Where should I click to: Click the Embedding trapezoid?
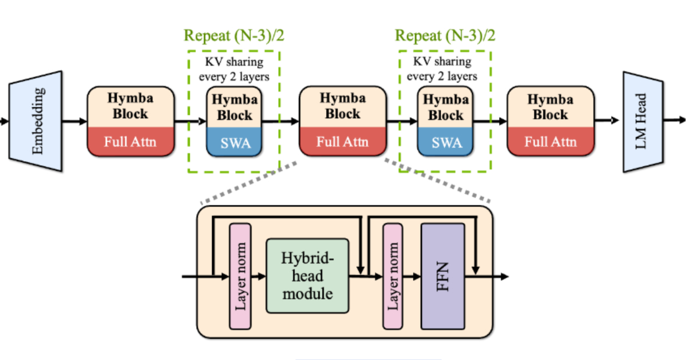(x=36, y=121)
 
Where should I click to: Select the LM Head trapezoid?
(x=643, y=122)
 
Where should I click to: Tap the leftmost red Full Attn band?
(x=131, y=142)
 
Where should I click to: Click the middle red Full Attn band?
(x=342, y=142)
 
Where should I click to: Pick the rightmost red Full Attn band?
(x=551, y=142)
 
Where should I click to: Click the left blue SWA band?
(x=234, y=142)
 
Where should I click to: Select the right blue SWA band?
(x=445, y=142)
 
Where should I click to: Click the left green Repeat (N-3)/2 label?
(x=234, y=35)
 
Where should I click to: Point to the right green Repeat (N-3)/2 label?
(x=445, y=35)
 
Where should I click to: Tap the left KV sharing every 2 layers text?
(x=234, y=69)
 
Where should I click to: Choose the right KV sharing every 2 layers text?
(x=442, y=69)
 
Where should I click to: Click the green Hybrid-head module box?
(x=308, y=276)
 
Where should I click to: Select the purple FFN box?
(x=443, y=277)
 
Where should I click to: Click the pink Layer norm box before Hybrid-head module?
(x=241, y=277)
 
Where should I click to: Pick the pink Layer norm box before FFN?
(x=393, y=277)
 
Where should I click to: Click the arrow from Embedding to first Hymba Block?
(x=75, y=121)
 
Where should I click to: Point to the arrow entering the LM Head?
(x=607, y=121)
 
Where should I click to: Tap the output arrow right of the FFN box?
(x=487, y=277)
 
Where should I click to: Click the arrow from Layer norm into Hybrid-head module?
(x=259, y=277)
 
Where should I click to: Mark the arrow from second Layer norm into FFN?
(x=412, y=277)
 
